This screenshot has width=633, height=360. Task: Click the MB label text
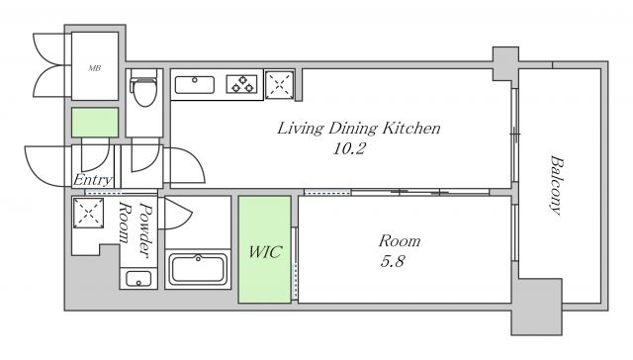95,68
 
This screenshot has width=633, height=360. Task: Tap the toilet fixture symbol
143,88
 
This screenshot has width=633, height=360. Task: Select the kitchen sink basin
194,85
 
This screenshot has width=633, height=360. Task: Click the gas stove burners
242,84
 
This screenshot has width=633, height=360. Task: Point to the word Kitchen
411,129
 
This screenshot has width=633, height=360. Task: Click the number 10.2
349,149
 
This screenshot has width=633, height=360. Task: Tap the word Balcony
557,185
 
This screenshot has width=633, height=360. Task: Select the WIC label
265,252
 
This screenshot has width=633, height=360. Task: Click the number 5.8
392,261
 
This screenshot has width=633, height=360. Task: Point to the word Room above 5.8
400,241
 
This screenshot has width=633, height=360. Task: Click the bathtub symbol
198,269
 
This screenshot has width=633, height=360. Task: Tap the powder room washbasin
138,279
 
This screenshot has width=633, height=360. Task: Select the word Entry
93,180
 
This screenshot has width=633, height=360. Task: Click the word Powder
145,230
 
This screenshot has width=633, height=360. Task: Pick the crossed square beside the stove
279,85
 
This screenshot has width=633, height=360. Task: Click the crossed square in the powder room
88,213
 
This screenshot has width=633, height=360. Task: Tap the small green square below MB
95,123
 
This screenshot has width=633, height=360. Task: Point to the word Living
300,130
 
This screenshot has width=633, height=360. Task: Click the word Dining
352,130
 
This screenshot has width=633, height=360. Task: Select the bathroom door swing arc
178,214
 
